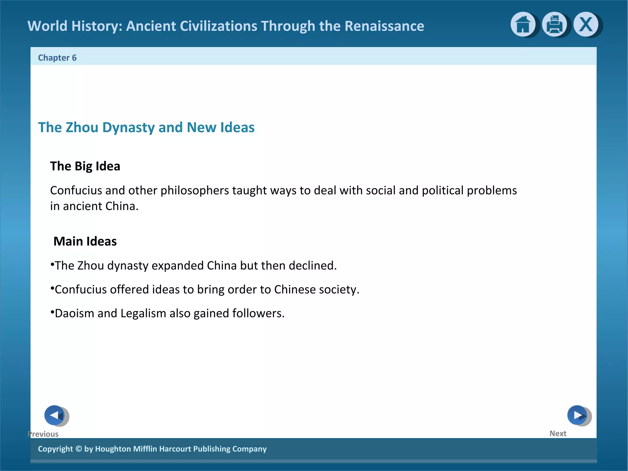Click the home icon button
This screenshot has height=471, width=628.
(523, 25)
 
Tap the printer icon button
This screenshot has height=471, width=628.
(554, 25)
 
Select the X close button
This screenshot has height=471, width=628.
(586, 24)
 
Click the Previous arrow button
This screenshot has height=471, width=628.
(55, 415)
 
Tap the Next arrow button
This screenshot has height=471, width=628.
(578, 415)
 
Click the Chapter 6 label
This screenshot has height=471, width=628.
(57, 58)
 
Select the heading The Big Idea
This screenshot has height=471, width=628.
(85, 166)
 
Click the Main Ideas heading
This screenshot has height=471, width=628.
(85, 241)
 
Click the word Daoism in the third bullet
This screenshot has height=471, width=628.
(75, 313)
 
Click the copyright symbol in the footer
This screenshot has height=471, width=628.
(78, 449)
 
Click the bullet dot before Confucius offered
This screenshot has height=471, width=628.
(52, 288)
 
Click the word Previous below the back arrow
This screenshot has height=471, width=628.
(43, 434)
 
